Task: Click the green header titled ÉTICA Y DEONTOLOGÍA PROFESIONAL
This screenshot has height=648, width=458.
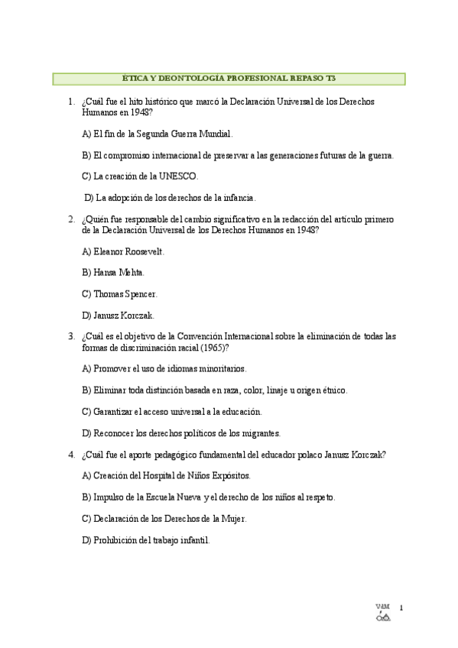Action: click(229, 78)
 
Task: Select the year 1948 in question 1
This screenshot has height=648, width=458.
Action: click(141, 112)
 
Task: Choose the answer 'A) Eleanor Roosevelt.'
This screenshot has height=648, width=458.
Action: click(123, 251)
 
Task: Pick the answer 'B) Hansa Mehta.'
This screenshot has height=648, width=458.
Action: click(113, 272)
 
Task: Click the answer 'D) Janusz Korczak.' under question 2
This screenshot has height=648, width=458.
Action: click(118, 315)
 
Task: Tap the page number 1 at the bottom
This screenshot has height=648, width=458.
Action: click(401, 607)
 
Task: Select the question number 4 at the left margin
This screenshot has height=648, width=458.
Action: click(70, 454)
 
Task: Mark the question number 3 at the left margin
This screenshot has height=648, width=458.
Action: click(70, 336)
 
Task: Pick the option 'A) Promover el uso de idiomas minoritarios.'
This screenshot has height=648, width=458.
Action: click(164, 368)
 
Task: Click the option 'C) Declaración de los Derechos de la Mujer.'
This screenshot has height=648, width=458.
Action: click(164, 518)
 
